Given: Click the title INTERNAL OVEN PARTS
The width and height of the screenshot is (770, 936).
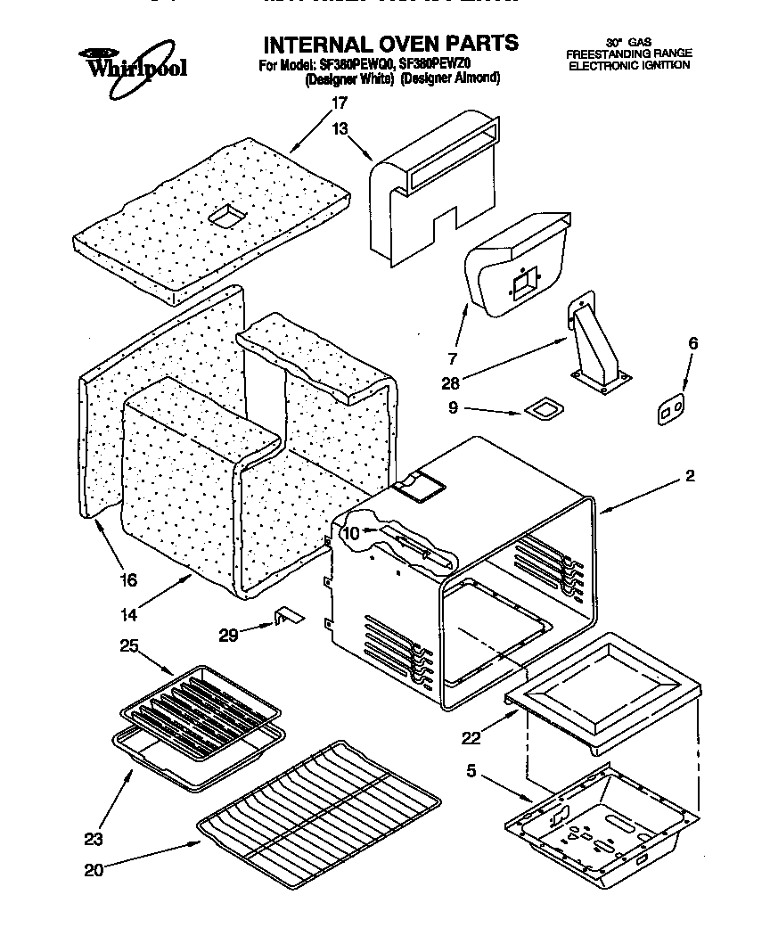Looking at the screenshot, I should tap(390, 43).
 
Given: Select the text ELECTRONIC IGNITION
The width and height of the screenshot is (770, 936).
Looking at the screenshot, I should tap(629, 66).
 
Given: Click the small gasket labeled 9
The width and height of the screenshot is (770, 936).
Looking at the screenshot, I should tap(543, 409).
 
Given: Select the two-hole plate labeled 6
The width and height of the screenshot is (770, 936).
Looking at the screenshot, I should tap(671, 410).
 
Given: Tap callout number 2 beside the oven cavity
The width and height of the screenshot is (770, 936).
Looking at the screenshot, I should tap(689, 477).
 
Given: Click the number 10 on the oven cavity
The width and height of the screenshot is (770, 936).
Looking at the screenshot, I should tap(351, 533).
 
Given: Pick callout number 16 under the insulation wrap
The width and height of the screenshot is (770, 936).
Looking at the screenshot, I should tap(128, 579).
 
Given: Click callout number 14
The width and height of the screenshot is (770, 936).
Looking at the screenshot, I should tap(128, 614).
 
